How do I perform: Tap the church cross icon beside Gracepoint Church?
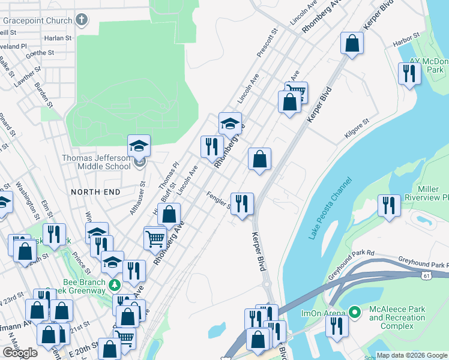click(82, 19)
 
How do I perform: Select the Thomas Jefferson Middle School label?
click(96, 163)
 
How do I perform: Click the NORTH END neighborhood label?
click(95, 191)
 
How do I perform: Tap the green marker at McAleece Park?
click(355, 313)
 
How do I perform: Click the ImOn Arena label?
click(323, 313)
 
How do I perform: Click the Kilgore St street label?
click(357, 130)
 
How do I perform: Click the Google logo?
click(20, 353)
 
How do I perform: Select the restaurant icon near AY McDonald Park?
click(409, 74)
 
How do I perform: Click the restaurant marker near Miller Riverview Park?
click(389, 206)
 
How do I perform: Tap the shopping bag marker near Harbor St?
click(352, 43)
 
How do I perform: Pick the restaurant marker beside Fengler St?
click(242, 203)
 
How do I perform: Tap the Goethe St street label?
click(40, 53)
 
